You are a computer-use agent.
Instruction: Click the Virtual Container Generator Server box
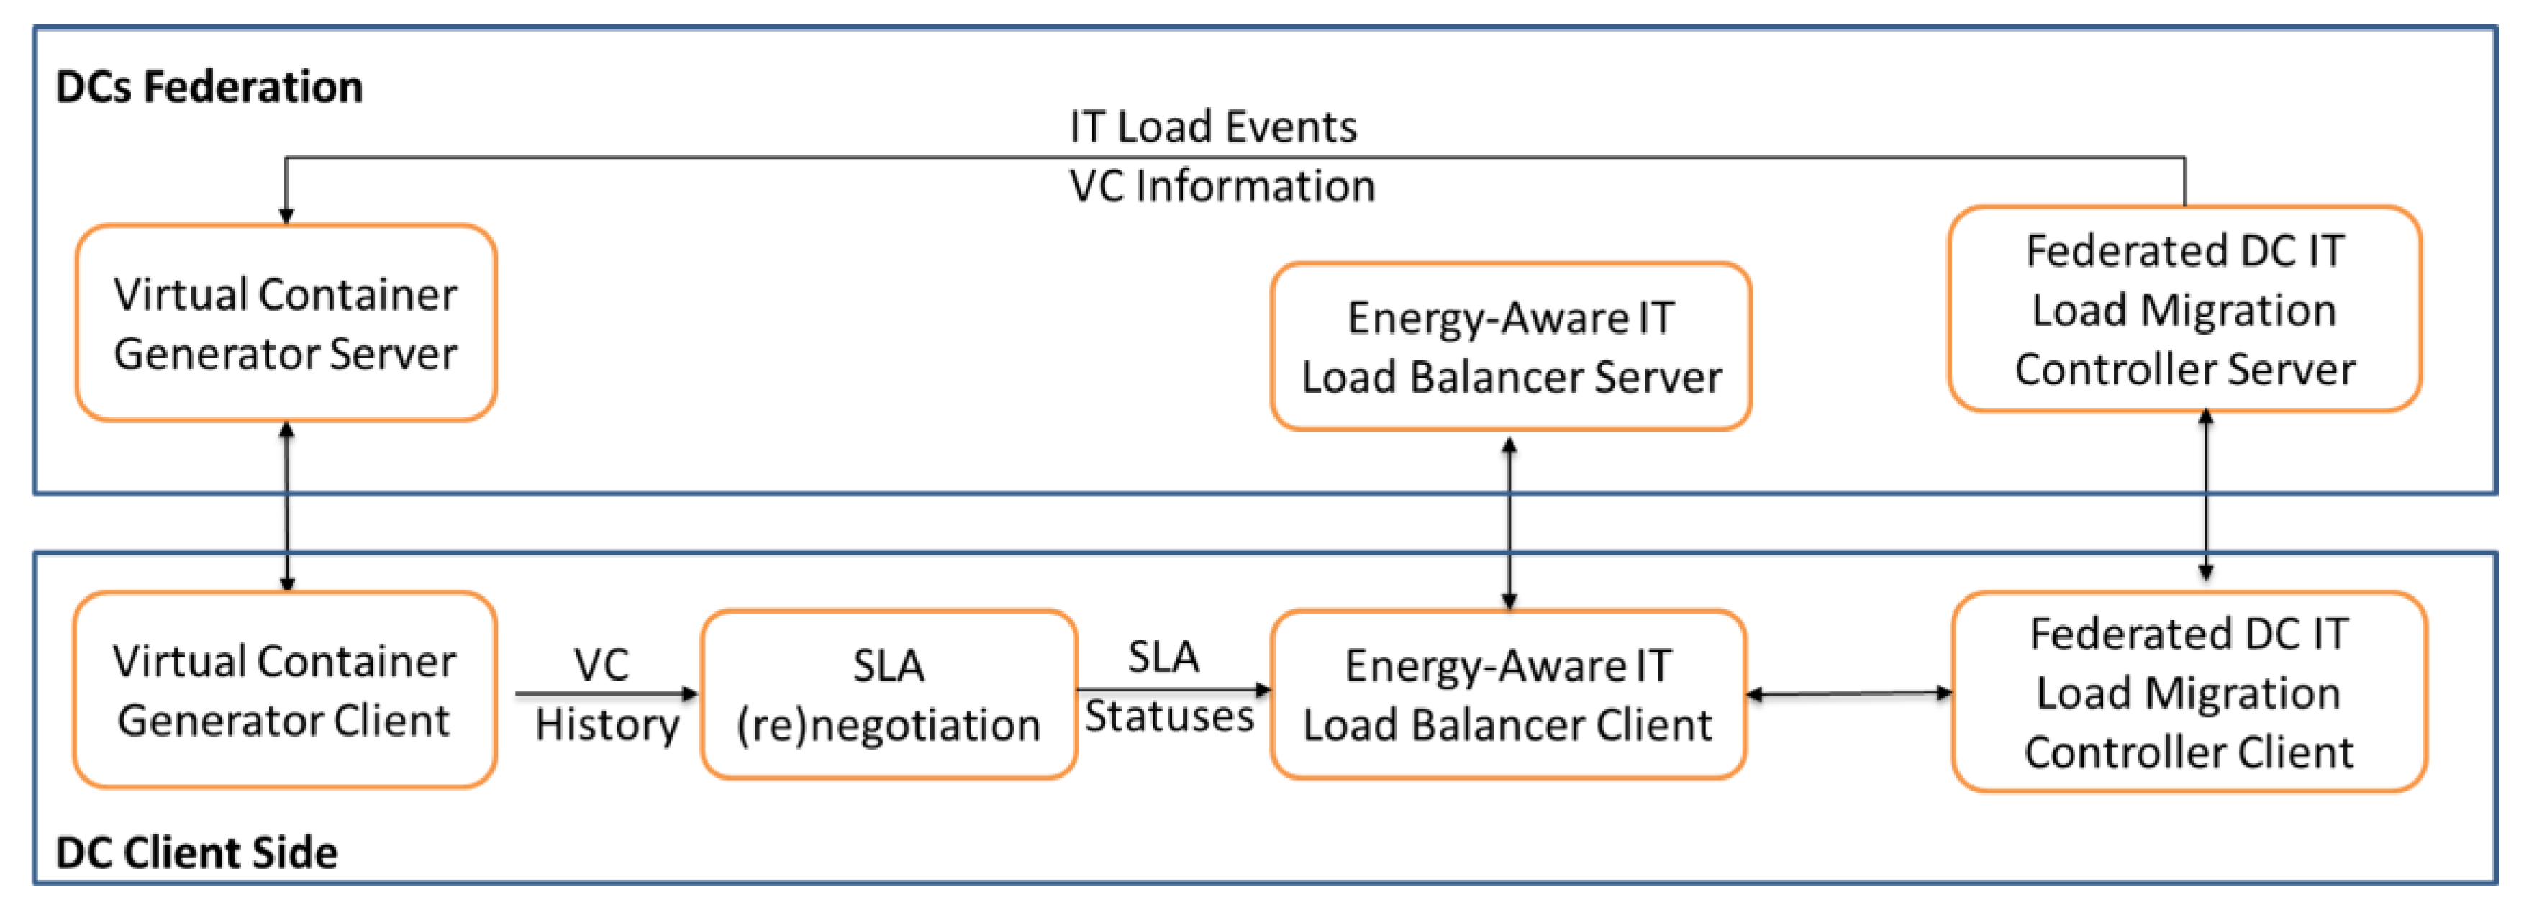pyautogui.click(x=286, y=323)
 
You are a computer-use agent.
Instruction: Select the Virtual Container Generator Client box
pyautogui.click(x=285, y=690)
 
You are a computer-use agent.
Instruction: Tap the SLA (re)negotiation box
pyautogui.click(x=889, y=694)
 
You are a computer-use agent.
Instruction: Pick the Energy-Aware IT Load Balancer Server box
pyautogui.click(x=1511, y=347)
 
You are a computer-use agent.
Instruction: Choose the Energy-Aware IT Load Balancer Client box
pyautogui.click(x=1508, y=694)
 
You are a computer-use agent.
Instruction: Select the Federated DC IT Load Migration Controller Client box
pyautogui.click(x=2189, y=692)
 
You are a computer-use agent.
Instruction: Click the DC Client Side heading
pyautogui.click(x=196, y=852)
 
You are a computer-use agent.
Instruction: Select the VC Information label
pyautogui.click(x=1222, y=186)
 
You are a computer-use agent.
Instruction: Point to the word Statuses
pyautogui.click(x=1169, y=716)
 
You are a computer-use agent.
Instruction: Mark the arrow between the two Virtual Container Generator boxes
pyautogui.click(x=286, y=506)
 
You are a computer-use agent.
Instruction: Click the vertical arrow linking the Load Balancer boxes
pyautogui.click(x=1510, y=523)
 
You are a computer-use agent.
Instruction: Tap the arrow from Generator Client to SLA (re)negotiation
pyautogui.click(x=607, y=694)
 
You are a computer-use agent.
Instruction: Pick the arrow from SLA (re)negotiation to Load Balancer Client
pyautogui.click(x=1174, y=689)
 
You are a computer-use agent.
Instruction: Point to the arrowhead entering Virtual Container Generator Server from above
pyautogui.click(x=286, y=216)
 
